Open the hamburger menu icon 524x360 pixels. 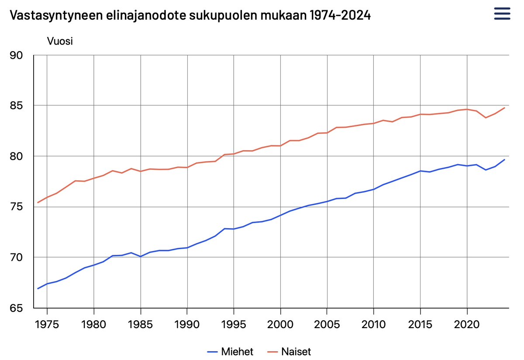click(502, 14)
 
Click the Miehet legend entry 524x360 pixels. click(230, 351)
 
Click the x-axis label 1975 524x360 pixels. click(47, 325)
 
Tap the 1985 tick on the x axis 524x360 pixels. click(141, 325)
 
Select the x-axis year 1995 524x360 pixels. click(234, 325)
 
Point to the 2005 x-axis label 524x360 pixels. click(327, 325)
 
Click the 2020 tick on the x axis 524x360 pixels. click(467, 325)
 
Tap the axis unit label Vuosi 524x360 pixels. click(59, 42)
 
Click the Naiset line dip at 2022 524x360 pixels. click(486, 118)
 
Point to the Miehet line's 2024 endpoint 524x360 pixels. click(504, 160)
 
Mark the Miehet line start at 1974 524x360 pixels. click(38, 288)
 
